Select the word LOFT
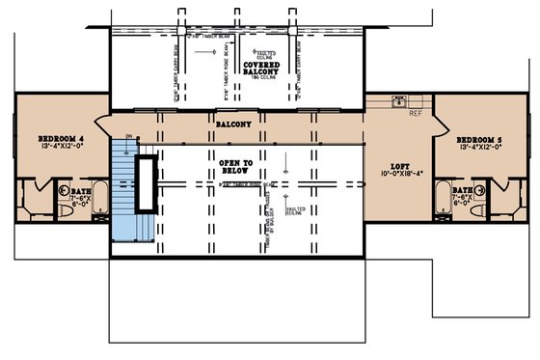pos(399,165)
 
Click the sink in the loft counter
pos(397,101)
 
